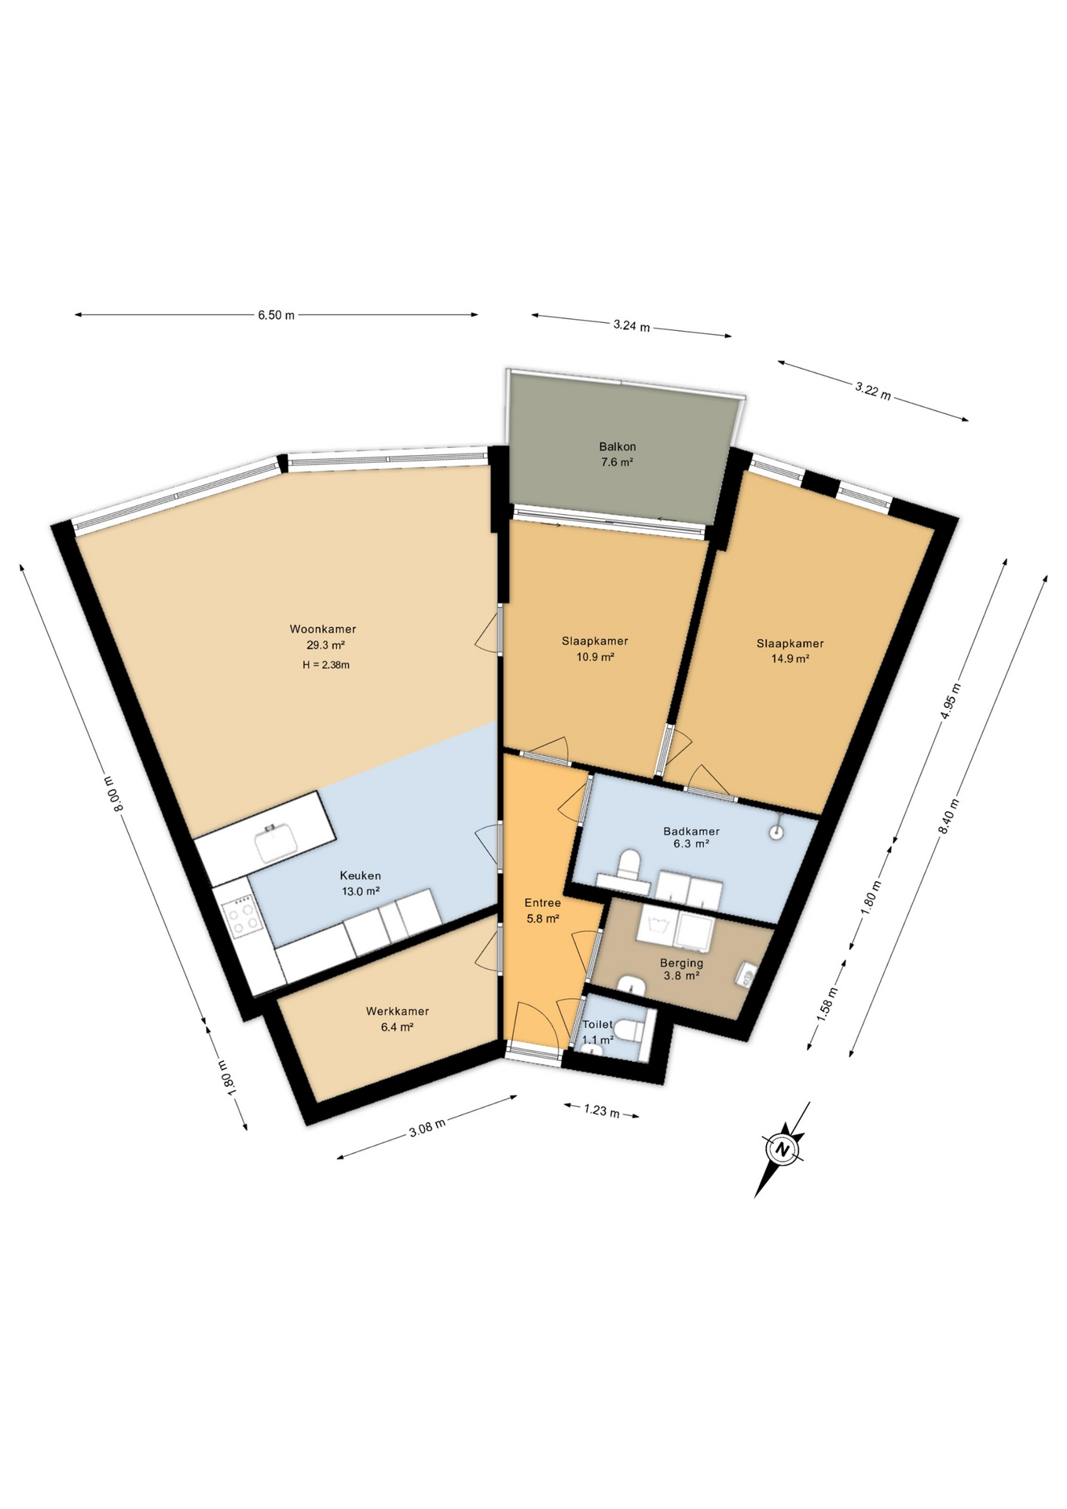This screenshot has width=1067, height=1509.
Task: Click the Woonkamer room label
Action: pos(323,629)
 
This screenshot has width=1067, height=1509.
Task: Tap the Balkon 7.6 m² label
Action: pos(617,454)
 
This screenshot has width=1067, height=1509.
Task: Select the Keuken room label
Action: pos(360,876)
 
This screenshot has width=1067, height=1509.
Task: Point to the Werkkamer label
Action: pos(397,1012)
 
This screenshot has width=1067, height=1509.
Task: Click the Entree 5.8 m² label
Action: pos(542,910)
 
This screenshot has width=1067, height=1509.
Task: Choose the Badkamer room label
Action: pos(691,831)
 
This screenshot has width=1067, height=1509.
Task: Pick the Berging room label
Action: pos(681,963)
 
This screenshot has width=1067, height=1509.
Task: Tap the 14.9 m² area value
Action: pos(790,659)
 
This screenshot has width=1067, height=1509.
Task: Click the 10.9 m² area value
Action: pos(595,656)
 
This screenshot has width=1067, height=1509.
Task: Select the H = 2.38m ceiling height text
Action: pos(325,665)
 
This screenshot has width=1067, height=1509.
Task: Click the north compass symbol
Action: pos(782,1149)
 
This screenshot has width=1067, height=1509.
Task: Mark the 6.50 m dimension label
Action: pos(276,315)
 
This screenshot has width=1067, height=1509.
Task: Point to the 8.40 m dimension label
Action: pos(953,817)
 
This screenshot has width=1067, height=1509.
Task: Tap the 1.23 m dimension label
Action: pos(601,1111)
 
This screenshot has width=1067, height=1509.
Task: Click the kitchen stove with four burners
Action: pos(241,916)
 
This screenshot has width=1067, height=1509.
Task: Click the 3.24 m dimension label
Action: pos(631,325)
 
